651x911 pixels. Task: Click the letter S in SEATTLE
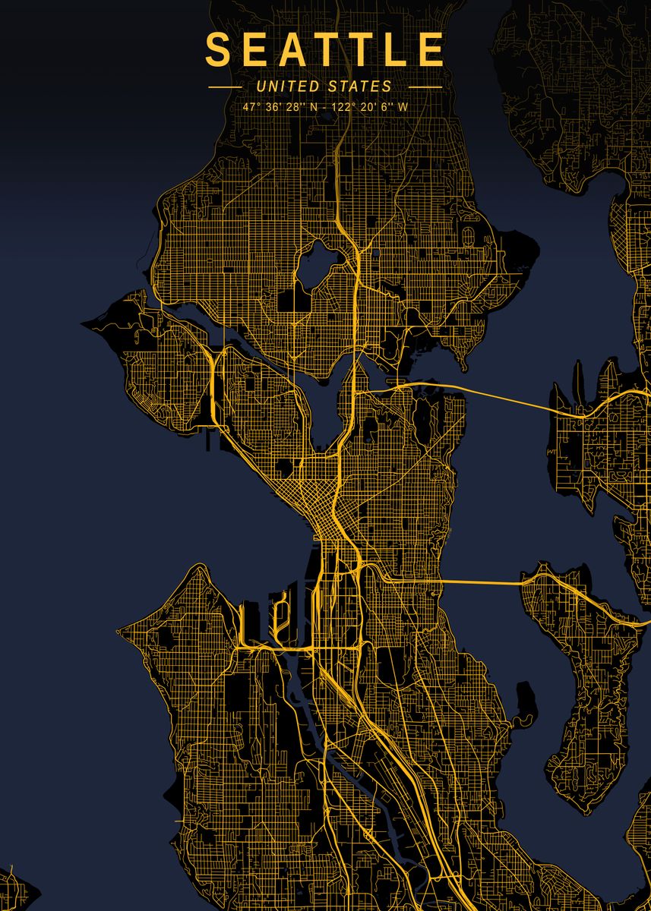[x=217, y=49]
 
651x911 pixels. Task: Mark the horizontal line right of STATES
[x=425, y=87]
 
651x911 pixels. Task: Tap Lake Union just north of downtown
[x=332, y=410]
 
